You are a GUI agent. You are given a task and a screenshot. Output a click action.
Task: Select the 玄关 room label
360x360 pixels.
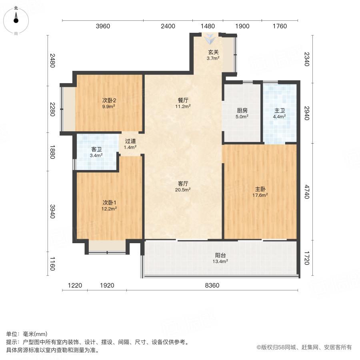[213, 52]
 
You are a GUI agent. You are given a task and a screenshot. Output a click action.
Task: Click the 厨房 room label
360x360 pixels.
[242, 110]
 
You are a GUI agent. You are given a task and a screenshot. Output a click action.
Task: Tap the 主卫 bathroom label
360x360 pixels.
[279, 110]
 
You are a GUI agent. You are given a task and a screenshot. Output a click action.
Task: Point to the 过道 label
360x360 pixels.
[130, 141]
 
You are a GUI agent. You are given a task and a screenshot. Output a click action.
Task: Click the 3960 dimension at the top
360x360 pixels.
[103, 26]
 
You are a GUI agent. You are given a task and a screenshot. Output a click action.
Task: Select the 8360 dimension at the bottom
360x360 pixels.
[212, 285]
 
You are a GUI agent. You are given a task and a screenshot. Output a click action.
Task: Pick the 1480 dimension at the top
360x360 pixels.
[208, 26]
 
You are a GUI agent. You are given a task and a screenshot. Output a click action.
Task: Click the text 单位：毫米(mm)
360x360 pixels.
[26, 334]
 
